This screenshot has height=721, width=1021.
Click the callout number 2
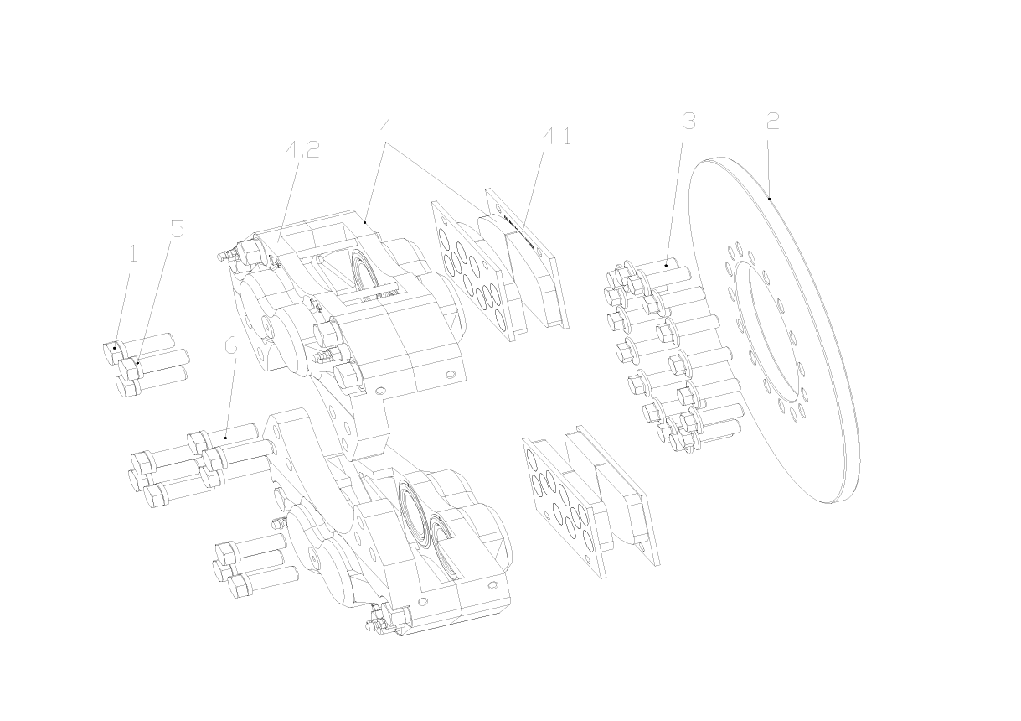pyautogui.click(x=772, y=121)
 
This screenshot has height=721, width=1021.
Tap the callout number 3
pyautogui.click(x=688, y=121)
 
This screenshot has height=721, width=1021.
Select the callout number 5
pyautogui.click(x=177, y=229)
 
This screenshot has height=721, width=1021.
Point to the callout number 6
pyautogui.click(x=231, y=345)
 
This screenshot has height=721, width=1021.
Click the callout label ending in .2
pyautogui.click(x=302, y=149)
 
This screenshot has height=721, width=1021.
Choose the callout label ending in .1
pyautogui.click(x=556, y=137)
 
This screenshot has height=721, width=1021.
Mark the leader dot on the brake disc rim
pyautogui.click(x=770, y=199)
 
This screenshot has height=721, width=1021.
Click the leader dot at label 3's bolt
pyautogui.click(x=667, y=265)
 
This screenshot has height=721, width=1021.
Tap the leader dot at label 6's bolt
pyautogui.click(x=226, y=438)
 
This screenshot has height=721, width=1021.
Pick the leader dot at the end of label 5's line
pyautogui.click(x=137, y=363)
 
